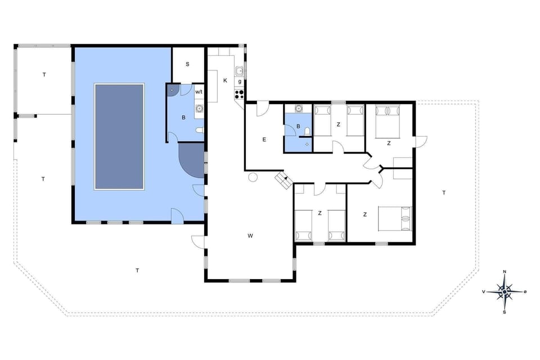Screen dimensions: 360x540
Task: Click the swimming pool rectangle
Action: (119, 137)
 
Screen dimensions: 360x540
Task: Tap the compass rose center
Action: (505, 291)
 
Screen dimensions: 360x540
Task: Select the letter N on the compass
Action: (505, 272)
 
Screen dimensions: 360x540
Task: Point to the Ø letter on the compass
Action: (525, 291)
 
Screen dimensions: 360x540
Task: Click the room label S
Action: (187, 64)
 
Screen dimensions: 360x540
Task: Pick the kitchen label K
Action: (225, 80)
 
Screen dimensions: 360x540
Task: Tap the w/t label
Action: (199, 92)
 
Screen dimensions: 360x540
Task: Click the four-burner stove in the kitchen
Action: (239, 94)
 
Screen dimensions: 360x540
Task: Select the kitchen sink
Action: (239, 71)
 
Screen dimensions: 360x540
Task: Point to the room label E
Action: (263, 139)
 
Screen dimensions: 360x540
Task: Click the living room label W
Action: (250, 235)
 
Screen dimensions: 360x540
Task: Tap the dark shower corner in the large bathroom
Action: (173, 89)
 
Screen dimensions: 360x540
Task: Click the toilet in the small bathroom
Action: (307, 132)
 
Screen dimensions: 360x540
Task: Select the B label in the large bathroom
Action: (183, 118)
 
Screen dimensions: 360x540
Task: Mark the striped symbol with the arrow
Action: (282, 181)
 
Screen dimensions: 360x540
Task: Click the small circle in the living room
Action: (253, 177)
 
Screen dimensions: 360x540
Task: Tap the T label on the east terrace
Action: (444, 193)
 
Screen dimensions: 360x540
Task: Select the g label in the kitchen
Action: (240, 82)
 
